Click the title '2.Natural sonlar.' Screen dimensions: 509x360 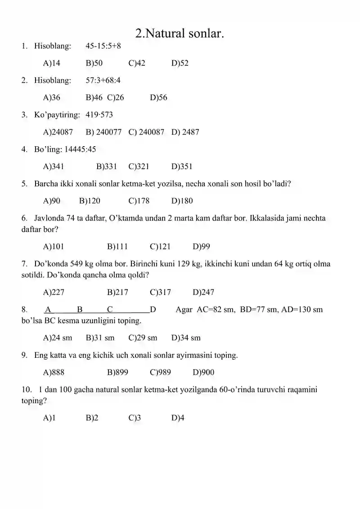coord(180,33)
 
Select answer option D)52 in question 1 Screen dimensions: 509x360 coord(180,63)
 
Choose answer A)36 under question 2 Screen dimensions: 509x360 coord(51,98)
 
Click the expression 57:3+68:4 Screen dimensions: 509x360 coord(103,81)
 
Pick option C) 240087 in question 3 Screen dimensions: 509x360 coord(146,132)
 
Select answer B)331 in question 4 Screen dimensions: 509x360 coord(107,167)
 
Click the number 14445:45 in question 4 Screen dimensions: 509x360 coord(81,149)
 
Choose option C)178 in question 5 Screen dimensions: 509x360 coord(139,201)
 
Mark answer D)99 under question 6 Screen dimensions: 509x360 coord(201,247)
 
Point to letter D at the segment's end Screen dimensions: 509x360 coord(153,310)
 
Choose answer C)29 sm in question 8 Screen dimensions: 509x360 coord(143,338)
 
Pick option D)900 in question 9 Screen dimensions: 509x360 coord(203,373)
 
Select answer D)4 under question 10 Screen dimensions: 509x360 coord(178,418)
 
